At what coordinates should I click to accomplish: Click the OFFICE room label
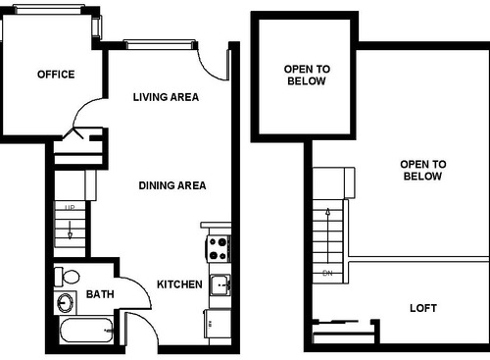tap(56, 75)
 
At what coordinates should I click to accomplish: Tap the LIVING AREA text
tap(167, 97)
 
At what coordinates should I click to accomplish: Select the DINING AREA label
tap(171, 185)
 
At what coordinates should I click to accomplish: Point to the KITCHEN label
tap(180, 284)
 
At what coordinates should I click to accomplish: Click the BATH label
tap(100, 294)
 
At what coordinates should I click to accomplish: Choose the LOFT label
tap(423, 308)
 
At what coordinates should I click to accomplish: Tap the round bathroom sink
tap(67, 302)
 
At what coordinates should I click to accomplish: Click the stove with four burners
tap(217, 248)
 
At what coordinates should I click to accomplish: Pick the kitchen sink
tap(220, 285)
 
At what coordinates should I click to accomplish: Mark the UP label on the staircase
tap(70, 209)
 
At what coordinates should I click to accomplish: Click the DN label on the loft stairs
tap(329, 272)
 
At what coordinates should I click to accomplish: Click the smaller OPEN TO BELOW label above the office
tap(307, 76)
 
